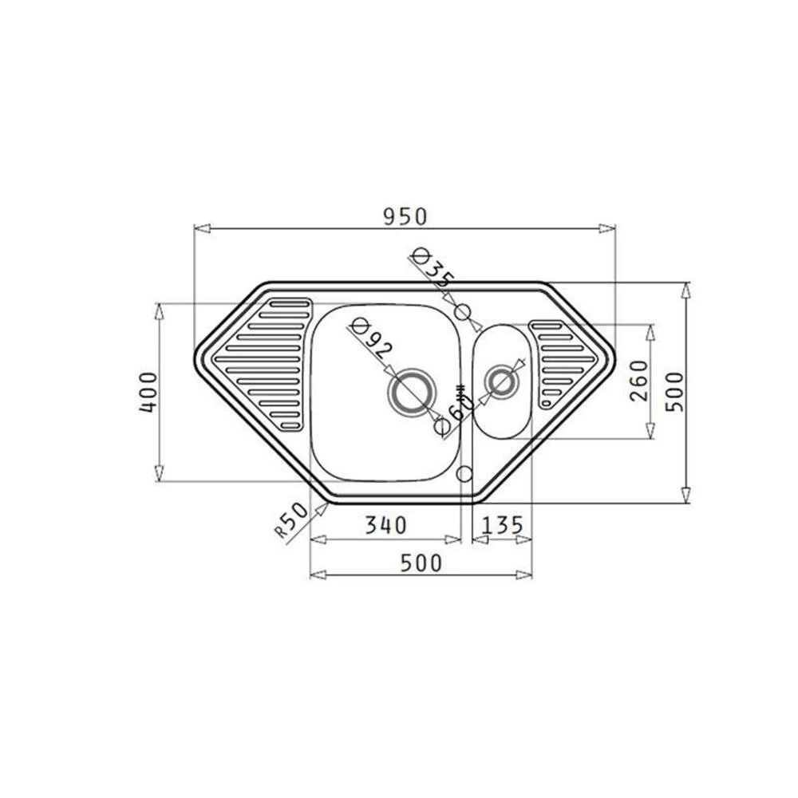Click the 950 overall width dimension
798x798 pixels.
click(x=405, y=217)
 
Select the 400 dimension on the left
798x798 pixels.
click(x=149, y=392)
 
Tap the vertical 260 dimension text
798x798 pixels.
click(x=640, y=381)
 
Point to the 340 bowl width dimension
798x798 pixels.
click(x=386, y=525)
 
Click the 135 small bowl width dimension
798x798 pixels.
click(x=502, y=525)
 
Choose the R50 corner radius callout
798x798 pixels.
click(x=292, y=520)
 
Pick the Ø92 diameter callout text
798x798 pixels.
click(x=373, y=339)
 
